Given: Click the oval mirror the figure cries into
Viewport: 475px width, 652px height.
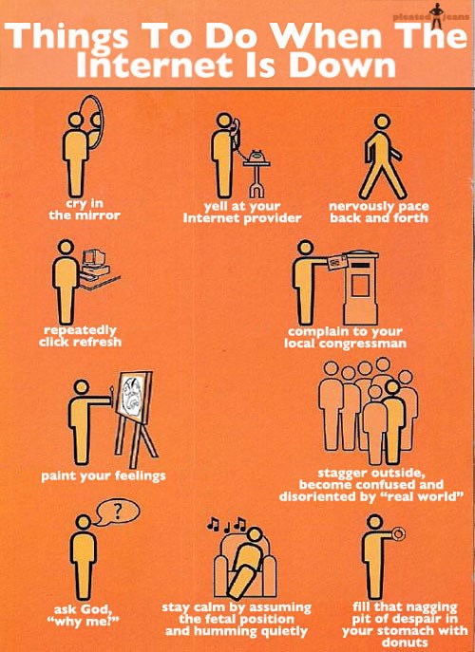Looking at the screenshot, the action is tap(100, 121).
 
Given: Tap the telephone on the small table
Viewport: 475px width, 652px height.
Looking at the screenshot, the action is tap(256, 157).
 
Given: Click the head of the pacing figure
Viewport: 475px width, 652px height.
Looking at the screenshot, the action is tap(382, 121).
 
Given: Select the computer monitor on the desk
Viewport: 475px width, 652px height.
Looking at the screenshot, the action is tap(93, 258).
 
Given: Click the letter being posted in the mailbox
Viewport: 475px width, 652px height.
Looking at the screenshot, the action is tap(337, 262).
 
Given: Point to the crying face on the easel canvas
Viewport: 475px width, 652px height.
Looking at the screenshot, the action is tap(132, 396).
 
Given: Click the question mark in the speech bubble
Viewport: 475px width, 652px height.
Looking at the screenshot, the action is tap(118, 511).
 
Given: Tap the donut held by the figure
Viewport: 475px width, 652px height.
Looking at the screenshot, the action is tap(398, 533).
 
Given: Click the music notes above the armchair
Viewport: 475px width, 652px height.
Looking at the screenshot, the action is tap(227, 524).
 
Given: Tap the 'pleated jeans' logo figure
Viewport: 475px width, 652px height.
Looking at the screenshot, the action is tap(435, 16).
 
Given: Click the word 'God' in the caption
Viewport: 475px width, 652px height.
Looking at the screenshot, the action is tap(95, 609).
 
